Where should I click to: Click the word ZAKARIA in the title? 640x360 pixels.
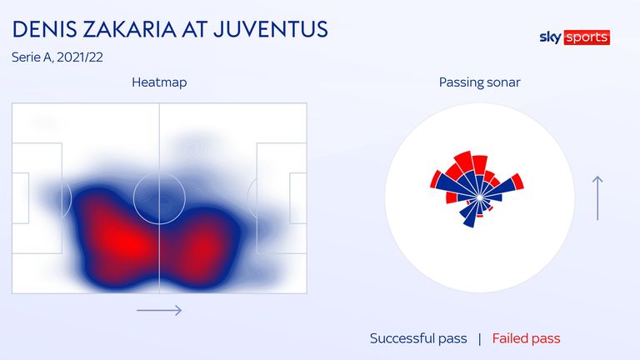[128, 29]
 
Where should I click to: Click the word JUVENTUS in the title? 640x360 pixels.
[270, 29]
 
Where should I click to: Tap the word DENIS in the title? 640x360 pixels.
[44, 29]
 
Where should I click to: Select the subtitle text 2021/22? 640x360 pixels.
[80, 57]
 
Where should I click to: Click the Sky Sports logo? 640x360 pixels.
[575, 37]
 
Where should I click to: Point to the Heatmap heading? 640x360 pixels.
[159, 82]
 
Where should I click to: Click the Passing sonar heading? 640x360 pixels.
[480, 82]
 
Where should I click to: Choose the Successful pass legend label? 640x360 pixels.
[418, 338]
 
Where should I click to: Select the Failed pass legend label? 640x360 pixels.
[526, 338]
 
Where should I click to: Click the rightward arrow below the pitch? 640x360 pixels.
[159, 310]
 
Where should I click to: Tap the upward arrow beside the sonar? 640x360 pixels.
[597, 198]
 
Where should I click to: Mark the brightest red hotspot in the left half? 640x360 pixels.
[124, 243]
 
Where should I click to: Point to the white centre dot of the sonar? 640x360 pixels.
[480, 197]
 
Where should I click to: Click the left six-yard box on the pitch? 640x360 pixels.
[28, 198]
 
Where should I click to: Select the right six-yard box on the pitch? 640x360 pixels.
[290, 198]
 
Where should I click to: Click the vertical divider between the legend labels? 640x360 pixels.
[480, 339]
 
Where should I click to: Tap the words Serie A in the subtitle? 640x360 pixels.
[32, 57]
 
